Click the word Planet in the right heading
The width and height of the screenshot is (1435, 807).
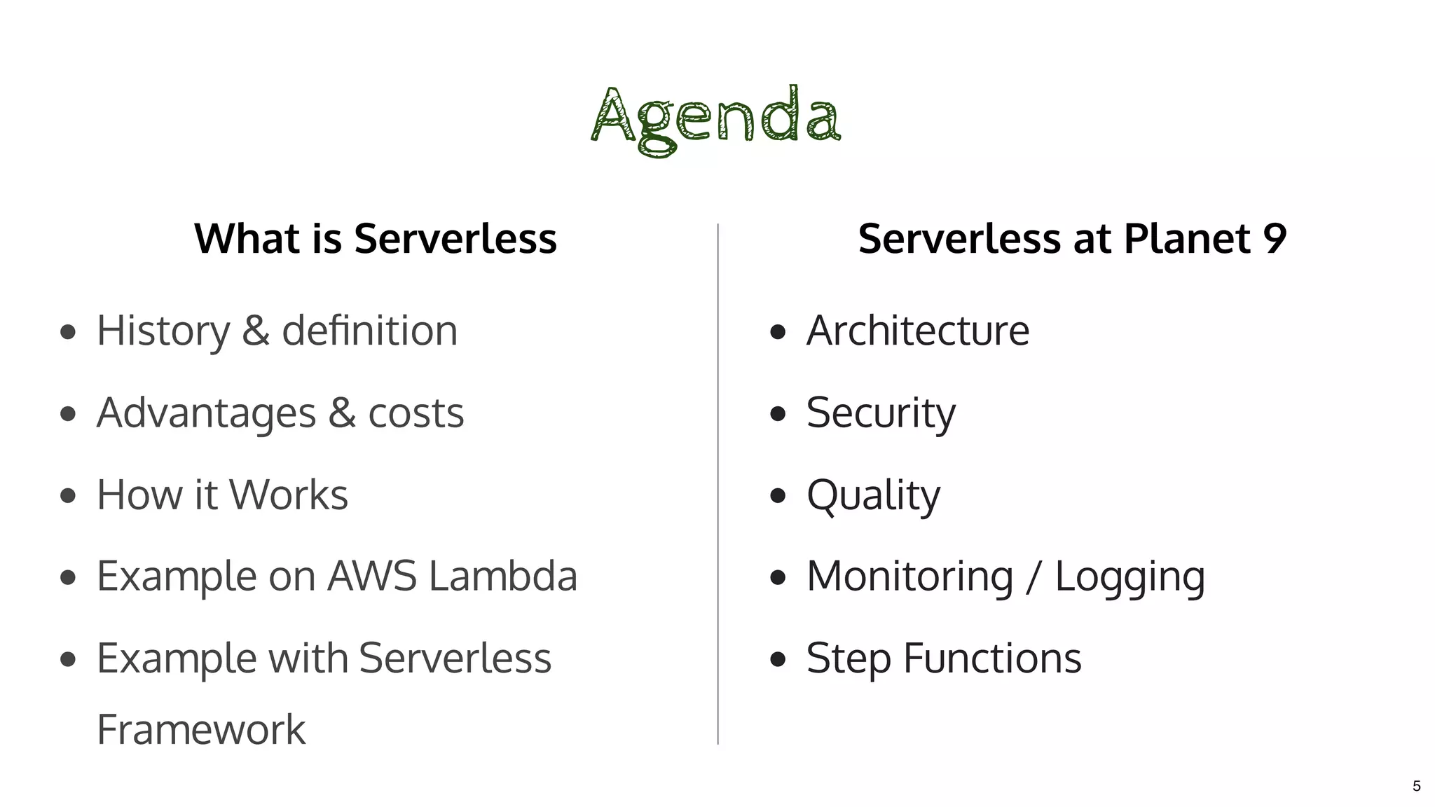[1187, 239]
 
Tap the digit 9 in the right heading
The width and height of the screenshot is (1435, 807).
[1274, 239]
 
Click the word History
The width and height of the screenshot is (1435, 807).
[163, 331]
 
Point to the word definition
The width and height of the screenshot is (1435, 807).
[369, 331]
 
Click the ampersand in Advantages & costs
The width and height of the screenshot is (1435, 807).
[342, 413]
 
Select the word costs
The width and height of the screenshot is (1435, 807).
[416, 413]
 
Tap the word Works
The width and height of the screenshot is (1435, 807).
[289, 495]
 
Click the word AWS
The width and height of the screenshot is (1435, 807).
[372, 577]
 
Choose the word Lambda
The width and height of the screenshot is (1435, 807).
[503, 577]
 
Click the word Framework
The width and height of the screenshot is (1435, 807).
[201, 730]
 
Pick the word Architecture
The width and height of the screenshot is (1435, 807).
[918, 331]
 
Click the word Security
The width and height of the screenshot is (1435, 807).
[881, 413]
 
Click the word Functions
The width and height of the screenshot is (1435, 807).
[992, 658]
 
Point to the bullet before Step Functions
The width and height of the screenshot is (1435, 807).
[777, 659]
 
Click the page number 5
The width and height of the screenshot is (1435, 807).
[1416, 786]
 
